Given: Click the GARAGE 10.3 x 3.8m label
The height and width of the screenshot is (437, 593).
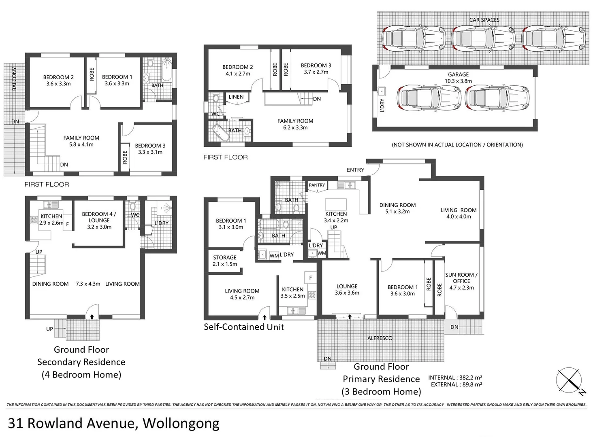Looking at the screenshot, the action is click(x=458, y=78).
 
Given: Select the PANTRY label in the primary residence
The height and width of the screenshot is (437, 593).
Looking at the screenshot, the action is click(x=317, y=185).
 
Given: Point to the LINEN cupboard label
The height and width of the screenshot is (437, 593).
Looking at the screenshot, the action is click(x=236, y=97).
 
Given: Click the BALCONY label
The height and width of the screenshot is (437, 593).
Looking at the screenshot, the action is click(x=14, y=78).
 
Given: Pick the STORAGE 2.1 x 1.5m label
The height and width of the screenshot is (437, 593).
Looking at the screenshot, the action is click(x=225, y=261).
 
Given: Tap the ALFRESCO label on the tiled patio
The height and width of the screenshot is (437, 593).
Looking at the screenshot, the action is click(x=380, y=338).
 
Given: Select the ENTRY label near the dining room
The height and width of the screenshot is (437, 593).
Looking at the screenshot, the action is click(x=355, y=170).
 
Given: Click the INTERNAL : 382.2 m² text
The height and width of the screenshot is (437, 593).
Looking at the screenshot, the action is click(x=455, y=378).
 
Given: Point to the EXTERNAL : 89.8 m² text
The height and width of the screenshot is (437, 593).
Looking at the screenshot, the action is click(x=456, y=384).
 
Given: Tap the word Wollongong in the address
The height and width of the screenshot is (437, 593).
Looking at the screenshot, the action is click(x=181, y=423).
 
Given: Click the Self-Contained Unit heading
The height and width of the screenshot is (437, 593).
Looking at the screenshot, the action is click(x=244, y=327).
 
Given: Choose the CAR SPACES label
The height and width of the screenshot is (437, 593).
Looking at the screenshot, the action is click(x=484, y=20).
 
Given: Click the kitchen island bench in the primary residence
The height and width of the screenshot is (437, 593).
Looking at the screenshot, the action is click(x=336, y=204).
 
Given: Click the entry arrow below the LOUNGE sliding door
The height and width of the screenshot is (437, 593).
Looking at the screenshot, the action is click(x=350, y=317).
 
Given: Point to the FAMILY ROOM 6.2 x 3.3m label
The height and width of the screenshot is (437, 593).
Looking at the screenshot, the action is click(x=295, y=124).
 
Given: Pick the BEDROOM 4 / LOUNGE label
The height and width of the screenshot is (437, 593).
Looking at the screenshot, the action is click(x=99, y=220).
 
